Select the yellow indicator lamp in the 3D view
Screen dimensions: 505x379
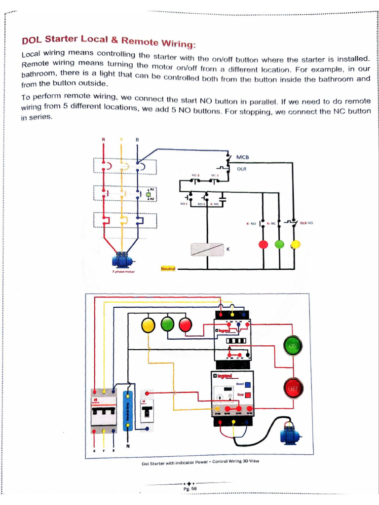coord(148,325)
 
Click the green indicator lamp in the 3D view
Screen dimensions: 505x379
coord(167,325)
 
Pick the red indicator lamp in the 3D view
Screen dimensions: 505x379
coord(185,325)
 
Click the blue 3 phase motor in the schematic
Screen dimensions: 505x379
coord(121,260)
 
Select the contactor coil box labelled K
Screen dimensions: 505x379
coord(207,250)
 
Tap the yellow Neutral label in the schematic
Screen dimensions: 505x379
coord(168,269)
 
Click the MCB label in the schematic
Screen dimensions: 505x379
coord(243,157)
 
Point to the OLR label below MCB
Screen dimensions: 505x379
coord(241,169)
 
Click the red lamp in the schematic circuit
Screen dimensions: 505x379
coord(263,244)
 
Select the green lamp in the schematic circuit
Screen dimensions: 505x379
coord(279,244)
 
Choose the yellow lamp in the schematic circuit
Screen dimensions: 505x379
coord(295,244)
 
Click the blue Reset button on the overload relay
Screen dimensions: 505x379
coord(248,385)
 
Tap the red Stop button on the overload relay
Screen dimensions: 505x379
coord(248,395)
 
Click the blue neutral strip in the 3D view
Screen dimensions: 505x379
coord(128,411)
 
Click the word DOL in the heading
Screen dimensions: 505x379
coord(32,39)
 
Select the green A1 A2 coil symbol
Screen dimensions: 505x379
coord(147,194)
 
